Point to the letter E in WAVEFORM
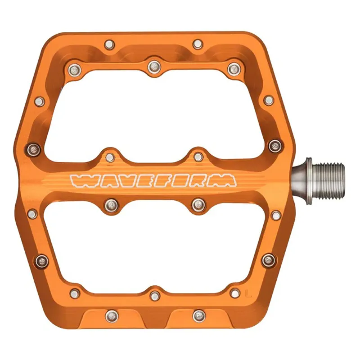coord(142,180)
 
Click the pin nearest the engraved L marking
coord(234,293)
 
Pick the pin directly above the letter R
coord(198,157)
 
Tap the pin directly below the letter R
coord(198,205)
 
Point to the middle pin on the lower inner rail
coord(154,295)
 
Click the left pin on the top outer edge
coord(109,44)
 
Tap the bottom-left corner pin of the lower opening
coord(75,293)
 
